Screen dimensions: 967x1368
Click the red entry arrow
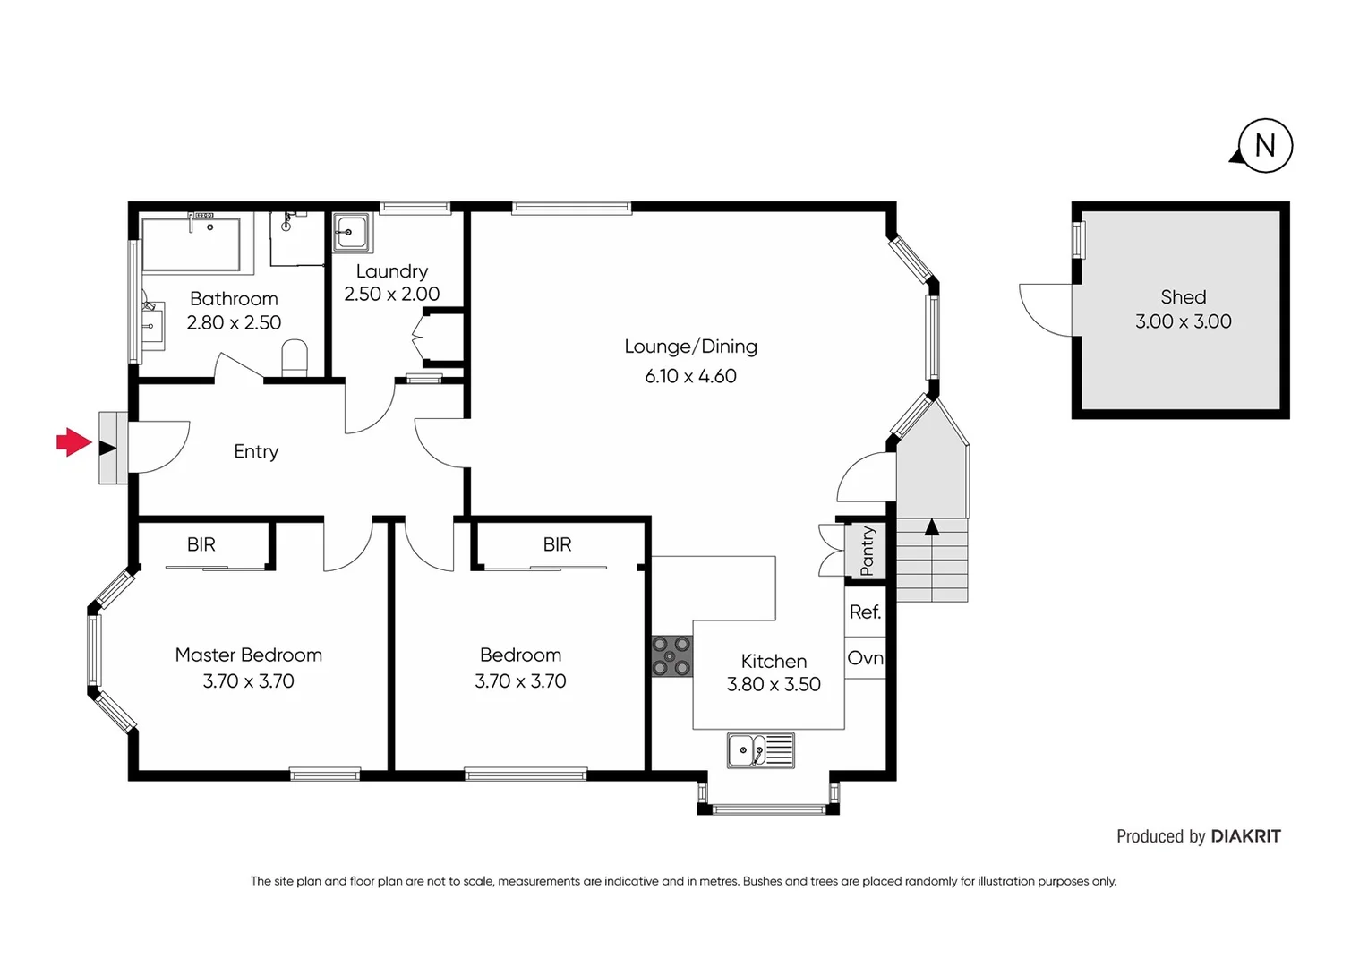pos(74,442)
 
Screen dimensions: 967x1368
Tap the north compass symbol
pos(1264,146)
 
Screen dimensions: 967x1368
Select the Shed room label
pos(1183,297)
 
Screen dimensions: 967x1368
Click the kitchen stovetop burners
pos(671,656)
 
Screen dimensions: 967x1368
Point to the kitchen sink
pos(760,750)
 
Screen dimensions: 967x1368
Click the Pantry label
pos(866,551)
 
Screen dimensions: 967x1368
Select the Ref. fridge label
pos(865,612)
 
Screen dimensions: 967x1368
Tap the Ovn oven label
pos(865,658)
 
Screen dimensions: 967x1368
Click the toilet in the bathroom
pos(295,359)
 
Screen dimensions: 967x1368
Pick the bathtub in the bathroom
pos(192,244)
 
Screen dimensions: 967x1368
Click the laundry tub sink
pos(351,232)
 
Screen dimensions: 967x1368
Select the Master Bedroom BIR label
pos(201,544)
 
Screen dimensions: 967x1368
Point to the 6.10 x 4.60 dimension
pos(690,376)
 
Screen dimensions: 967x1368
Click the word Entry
pos(256,451)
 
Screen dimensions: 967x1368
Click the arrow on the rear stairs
pos(932,527)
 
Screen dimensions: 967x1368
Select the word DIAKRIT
pos(1245,836)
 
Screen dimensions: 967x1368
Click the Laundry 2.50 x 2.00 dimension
pos(392,295)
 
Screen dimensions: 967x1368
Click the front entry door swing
pos(157,446)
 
